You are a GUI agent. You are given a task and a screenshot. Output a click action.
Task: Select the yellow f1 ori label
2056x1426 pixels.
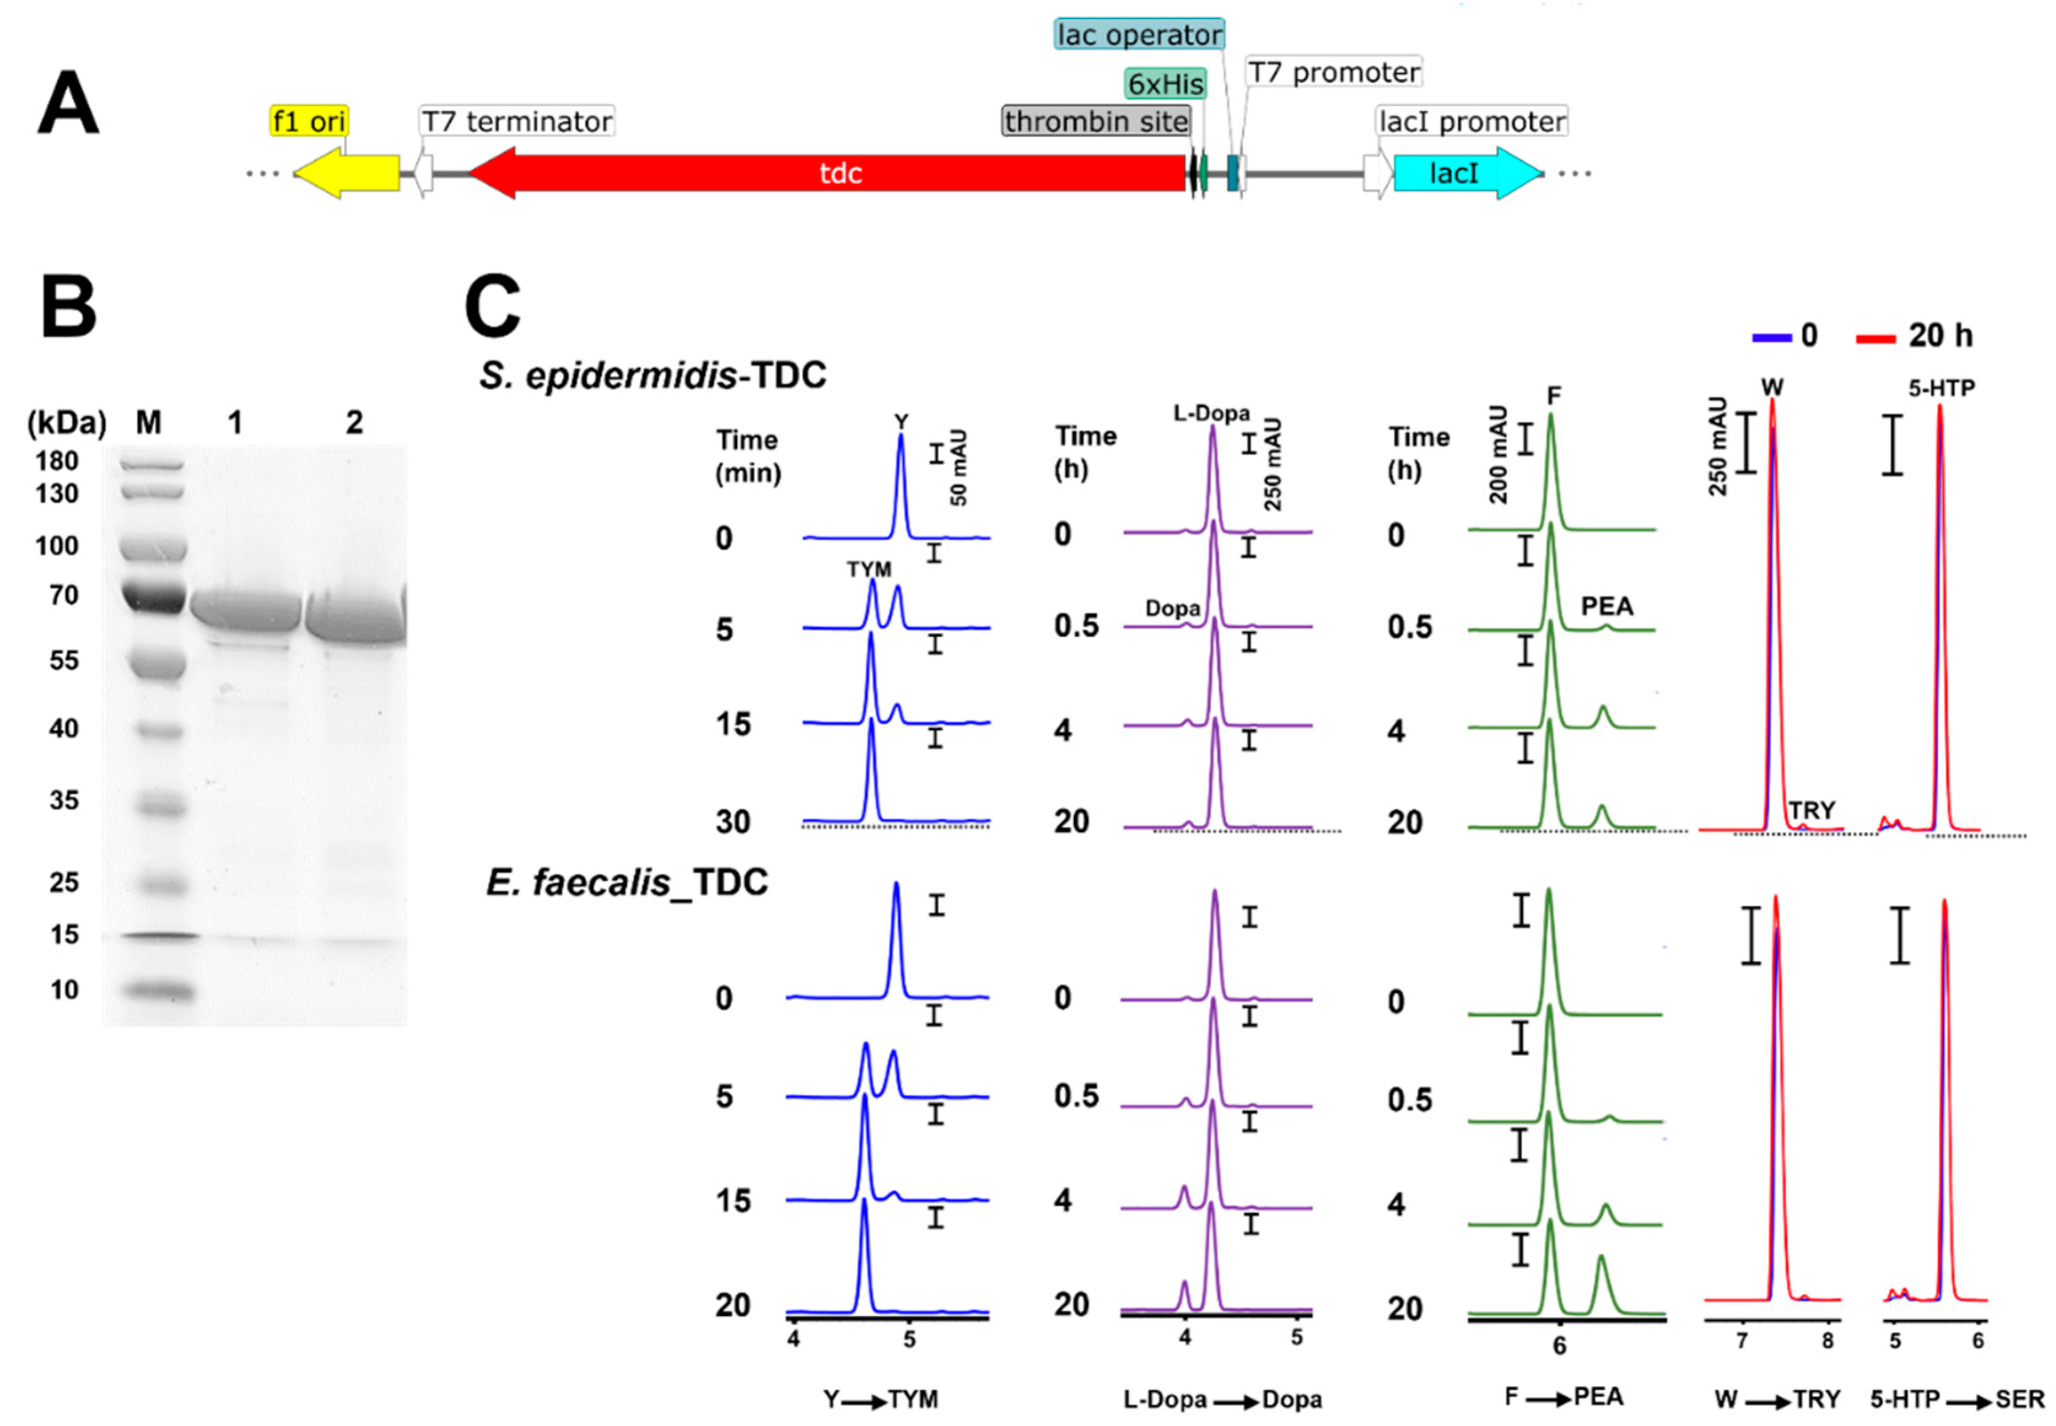click(x=308, y=121)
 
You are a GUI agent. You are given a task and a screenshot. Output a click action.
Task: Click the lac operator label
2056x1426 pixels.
click(x=1138, y=35)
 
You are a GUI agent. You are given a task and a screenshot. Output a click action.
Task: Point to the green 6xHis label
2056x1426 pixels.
click(x=1165, y=84)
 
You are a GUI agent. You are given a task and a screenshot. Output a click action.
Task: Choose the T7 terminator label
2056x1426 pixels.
click(x=517, y=121)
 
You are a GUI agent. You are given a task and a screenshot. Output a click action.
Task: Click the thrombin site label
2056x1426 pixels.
click(x=1096, y=121)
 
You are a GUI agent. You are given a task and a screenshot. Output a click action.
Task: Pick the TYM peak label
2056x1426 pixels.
click(x=868, y=569)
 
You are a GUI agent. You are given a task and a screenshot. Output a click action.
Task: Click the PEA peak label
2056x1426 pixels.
click(x=1607, y=607)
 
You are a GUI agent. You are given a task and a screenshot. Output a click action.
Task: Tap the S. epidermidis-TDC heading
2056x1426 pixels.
click(x=652, y=376)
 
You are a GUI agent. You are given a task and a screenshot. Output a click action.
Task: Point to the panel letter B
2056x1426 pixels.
click(x=69, y=306)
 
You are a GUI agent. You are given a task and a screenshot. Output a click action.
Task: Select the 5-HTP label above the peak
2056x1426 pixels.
click(x=1941, y=388)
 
